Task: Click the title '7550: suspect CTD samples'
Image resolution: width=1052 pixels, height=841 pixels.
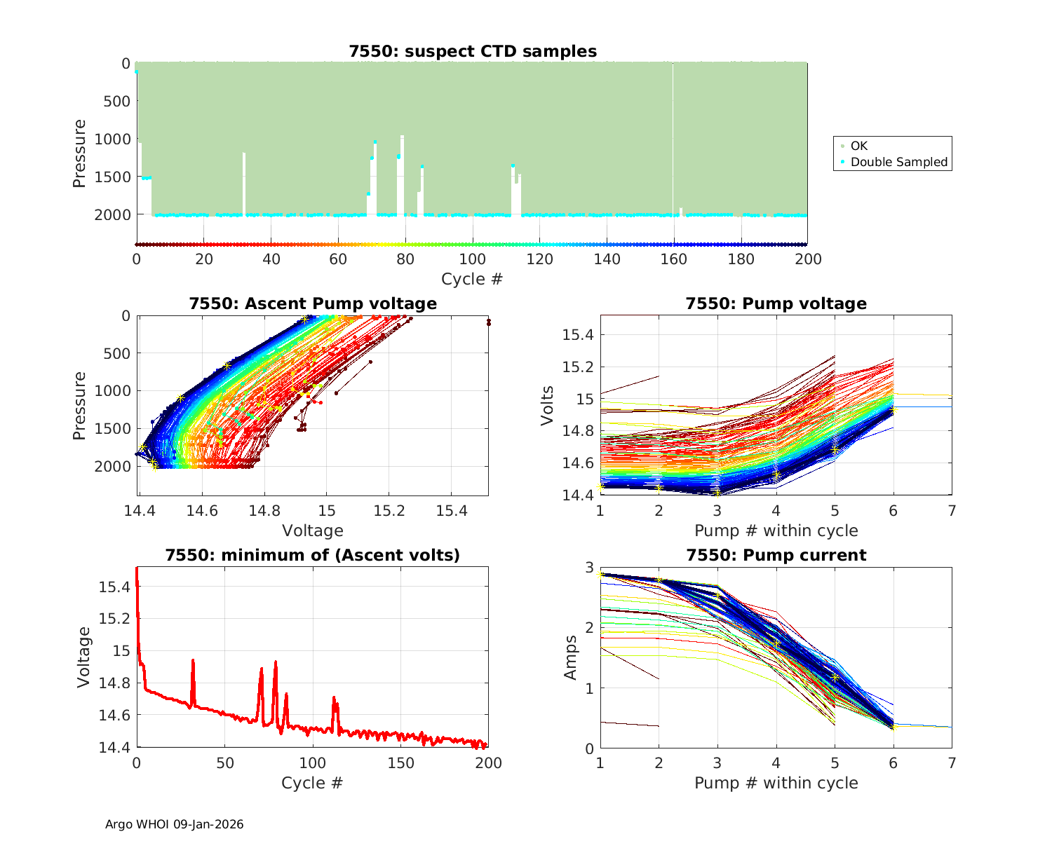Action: [x=473, y=51]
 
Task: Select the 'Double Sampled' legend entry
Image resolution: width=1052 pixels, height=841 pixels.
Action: [x=898, y=162]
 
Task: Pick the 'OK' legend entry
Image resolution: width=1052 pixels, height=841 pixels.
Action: [x=858, y=146]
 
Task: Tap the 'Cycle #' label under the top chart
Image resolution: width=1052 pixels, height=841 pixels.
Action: [x=472, y=279]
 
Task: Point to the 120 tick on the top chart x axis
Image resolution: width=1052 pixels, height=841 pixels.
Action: [x=540, y=259]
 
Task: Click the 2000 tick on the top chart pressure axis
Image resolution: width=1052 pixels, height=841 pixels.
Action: [x=112, y=214]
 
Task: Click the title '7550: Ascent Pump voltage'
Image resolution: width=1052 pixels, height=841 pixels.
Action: [x=313, y=303]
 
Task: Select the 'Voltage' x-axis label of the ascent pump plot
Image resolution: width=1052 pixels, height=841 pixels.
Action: [x=313, y=531]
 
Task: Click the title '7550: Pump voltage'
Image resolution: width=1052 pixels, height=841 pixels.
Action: [x=776, y=303]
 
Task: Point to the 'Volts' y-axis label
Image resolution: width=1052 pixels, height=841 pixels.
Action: [x=548, y=405]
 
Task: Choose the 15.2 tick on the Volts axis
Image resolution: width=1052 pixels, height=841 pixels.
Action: [x=578, y=367]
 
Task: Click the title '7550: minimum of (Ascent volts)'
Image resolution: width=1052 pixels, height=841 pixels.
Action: [x=313, y=555]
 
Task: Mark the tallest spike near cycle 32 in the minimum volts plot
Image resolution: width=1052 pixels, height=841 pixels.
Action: [x=193, y=660]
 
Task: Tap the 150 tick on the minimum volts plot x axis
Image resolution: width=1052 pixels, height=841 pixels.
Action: [x=400, y=763]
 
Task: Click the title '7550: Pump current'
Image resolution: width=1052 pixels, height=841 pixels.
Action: [x=776, y=555]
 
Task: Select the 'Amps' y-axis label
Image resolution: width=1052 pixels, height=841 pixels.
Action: [x=571, y=657]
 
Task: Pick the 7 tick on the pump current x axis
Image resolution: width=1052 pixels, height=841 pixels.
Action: [x=952, y=763]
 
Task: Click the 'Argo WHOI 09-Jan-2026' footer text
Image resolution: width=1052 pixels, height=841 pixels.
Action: [x=174, y=824]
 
